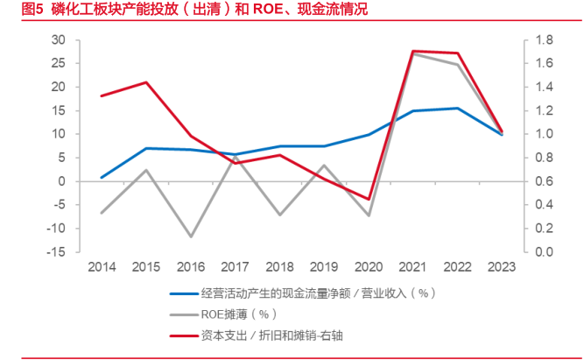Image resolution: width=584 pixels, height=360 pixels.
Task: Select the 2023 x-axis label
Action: pos(501,266)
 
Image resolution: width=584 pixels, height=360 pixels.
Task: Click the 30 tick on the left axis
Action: pos(59,40)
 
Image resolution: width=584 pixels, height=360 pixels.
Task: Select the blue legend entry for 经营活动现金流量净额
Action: pos(315,293)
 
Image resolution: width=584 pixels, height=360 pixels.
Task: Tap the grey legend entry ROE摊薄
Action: pos(238,314)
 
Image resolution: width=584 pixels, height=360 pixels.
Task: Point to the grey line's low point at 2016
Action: pos(192,236)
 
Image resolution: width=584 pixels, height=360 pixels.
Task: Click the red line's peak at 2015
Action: pos(146,82)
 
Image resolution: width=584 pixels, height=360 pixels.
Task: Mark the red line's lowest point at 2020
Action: pos(369,200)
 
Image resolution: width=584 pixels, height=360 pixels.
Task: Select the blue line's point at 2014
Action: pos(102,178)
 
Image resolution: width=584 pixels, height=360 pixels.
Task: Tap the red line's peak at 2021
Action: pos(412,51)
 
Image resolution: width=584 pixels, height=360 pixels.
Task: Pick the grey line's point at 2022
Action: pos(456,65)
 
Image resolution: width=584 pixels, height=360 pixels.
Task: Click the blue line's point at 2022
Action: pos(456,109)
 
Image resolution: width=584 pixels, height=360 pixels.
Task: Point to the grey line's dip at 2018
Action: pos(279,215)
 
